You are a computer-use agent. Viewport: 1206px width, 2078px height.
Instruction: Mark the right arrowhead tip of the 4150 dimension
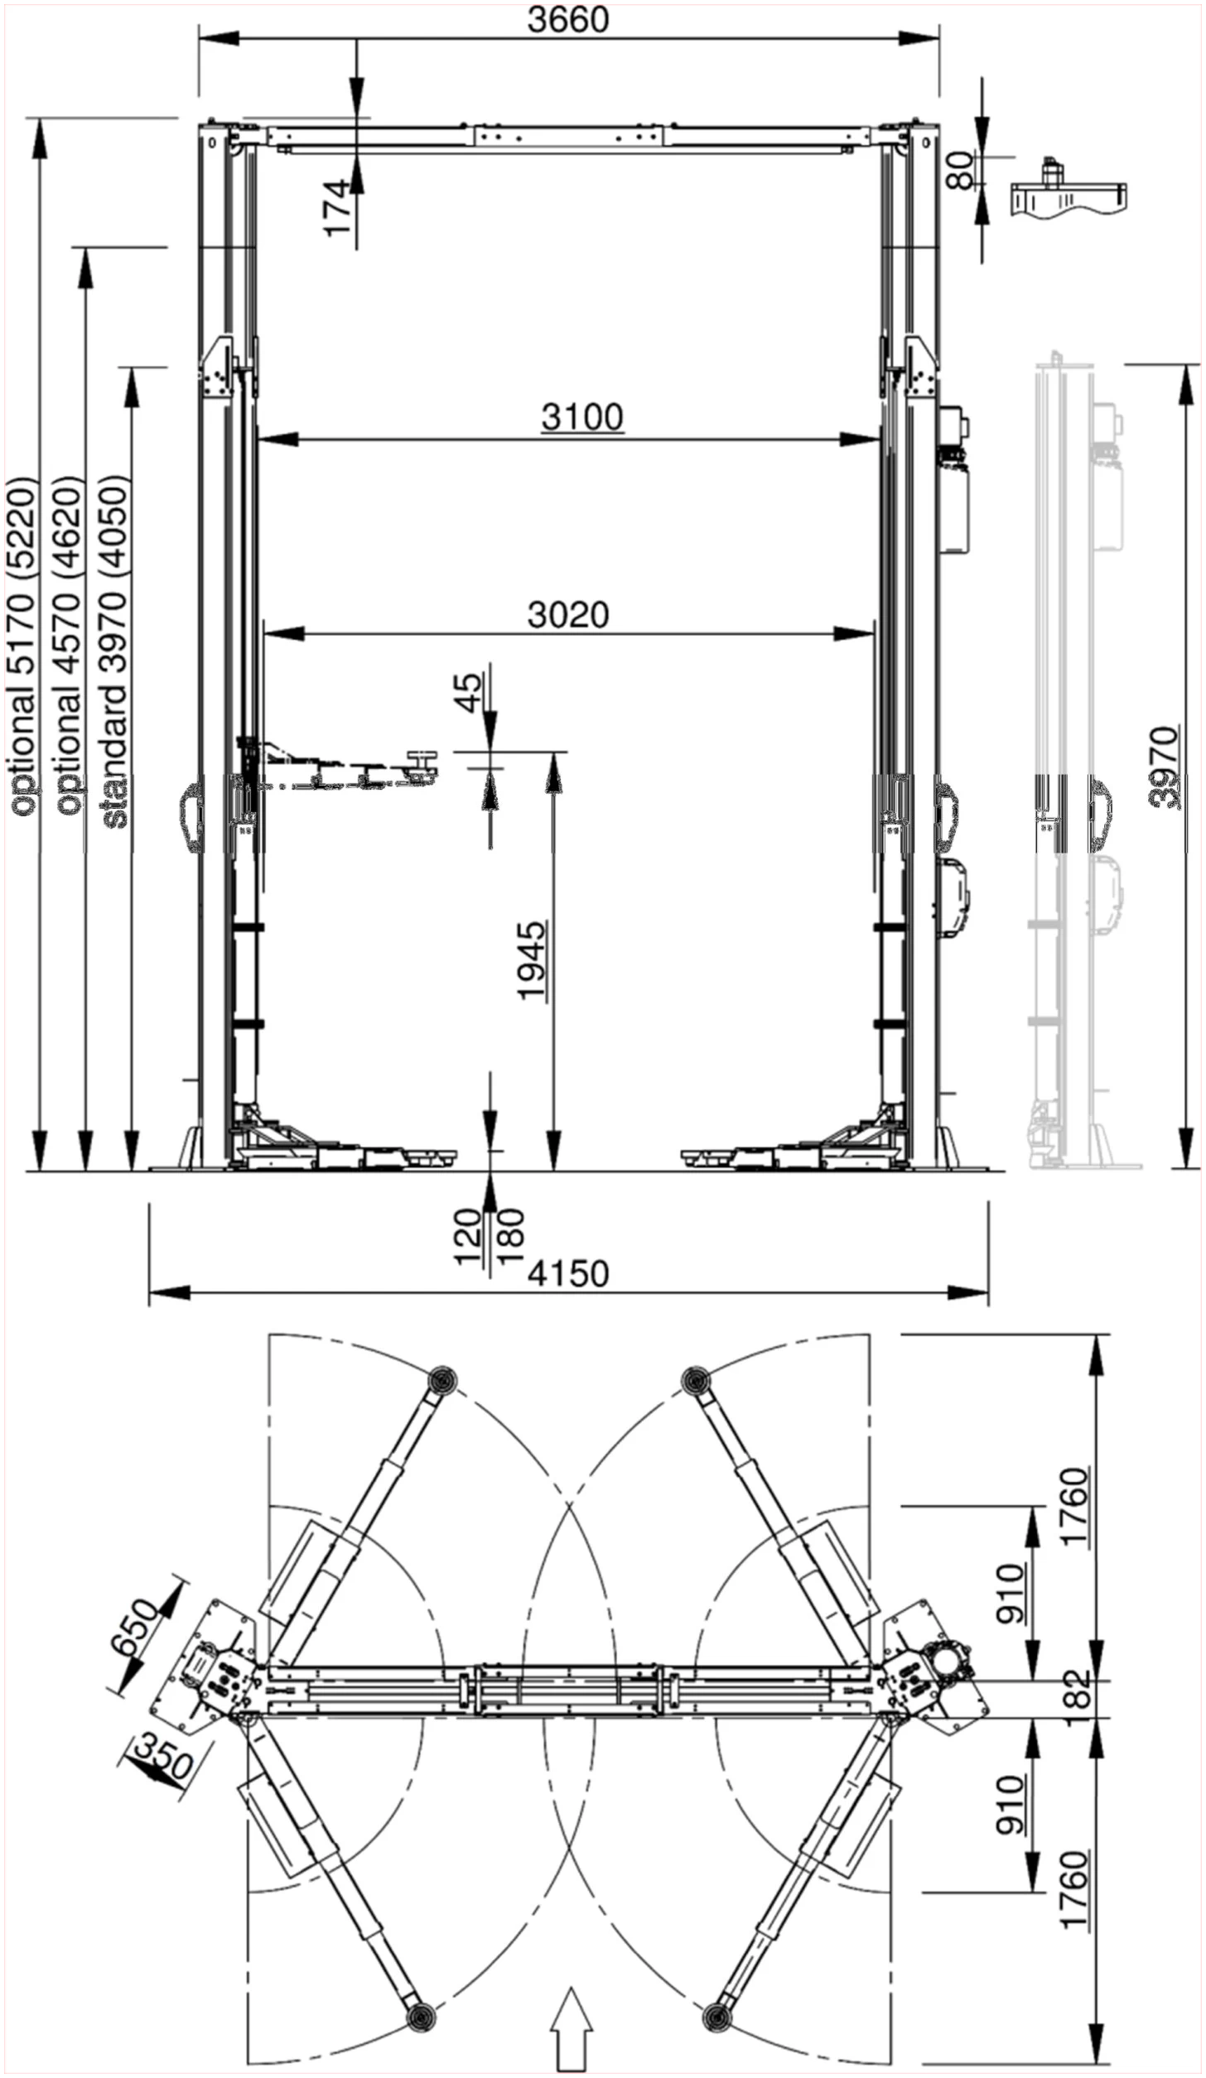tap(987, 1292)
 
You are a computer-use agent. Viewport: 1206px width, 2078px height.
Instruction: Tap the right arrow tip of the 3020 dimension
tap(874, 634)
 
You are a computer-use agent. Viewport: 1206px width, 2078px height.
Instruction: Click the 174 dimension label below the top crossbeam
tap(340, 209)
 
